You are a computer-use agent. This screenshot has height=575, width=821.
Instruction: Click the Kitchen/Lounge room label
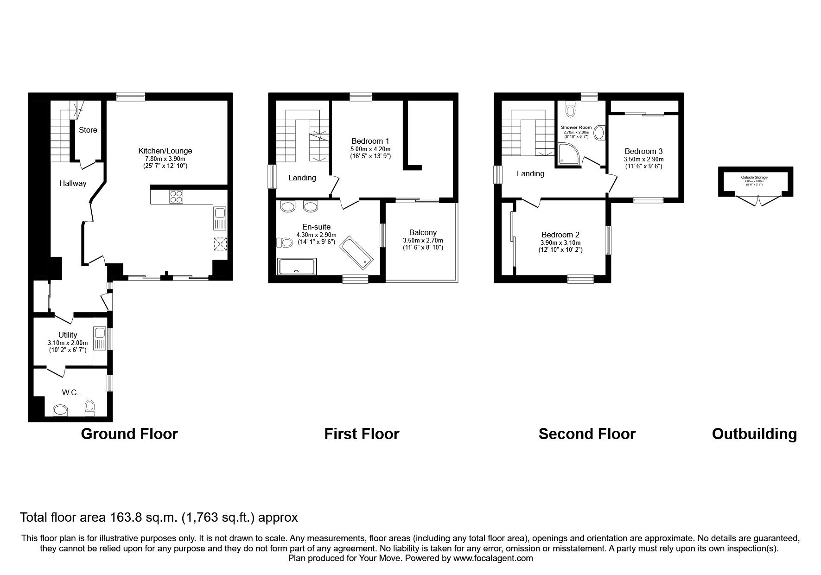[165, 151]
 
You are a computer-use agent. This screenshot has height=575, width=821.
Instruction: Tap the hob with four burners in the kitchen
[176, 197]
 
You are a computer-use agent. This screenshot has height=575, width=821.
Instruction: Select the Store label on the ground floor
[88, 130]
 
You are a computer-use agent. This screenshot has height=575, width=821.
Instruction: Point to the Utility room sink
[99, 333]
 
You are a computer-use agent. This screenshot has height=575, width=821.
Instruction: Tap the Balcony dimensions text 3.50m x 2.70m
[423, 240]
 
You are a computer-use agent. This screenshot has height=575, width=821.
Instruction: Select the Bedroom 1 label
[370, 141]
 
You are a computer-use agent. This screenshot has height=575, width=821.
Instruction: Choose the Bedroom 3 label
[643, 151]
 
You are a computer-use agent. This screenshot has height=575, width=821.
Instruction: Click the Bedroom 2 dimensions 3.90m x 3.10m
[560, 243]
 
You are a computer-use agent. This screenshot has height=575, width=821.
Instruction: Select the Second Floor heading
[587, 434]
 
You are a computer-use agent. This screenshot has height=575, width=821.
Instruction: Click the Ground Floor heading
[129, 434]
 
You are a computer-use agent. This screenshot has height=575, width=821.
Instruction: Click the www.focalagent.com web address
[493, 558]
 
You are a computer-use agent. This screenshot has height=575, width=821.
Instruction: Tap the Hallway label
[73, 183]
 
